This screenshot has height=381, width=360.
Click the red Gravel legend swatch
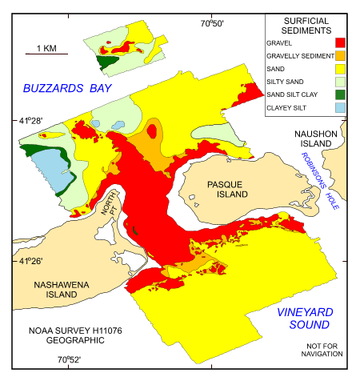pos(339,42)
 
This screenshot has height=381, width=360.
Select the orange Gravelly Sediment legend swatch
pos(339,56)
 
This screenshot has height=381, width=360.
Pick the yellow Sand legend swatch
pos(339,70)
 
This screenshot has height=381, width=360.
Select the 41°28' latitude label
pos(30,121)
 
